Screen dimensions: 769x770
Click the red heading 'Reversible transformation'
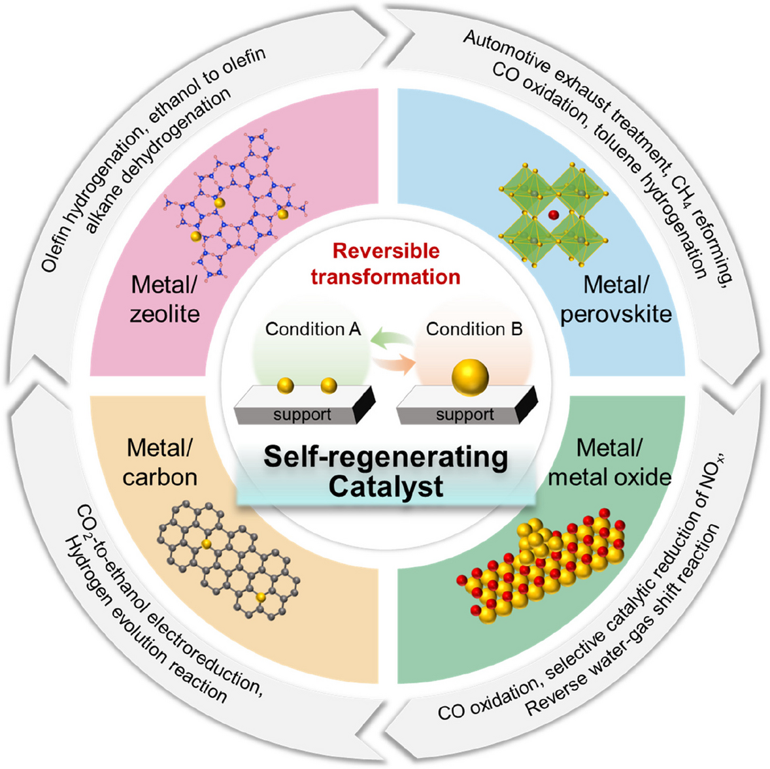386,264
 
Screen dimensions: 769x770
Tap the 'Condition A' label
313,329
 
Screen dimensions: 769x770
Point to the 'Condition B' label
474,329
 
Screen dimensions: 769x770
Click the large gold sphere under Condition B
471,378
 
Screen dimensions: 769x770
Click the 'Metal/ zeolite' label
165,299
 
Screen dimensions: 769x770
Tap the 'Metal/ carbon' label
159,463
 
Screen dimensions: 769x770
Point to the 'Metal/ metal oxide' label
609,463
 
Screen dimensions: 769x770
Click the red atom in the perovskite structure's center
554,214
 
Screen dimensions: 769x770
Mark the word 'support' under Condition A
302,414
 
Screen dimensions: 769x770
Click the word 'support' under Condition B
465,414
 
